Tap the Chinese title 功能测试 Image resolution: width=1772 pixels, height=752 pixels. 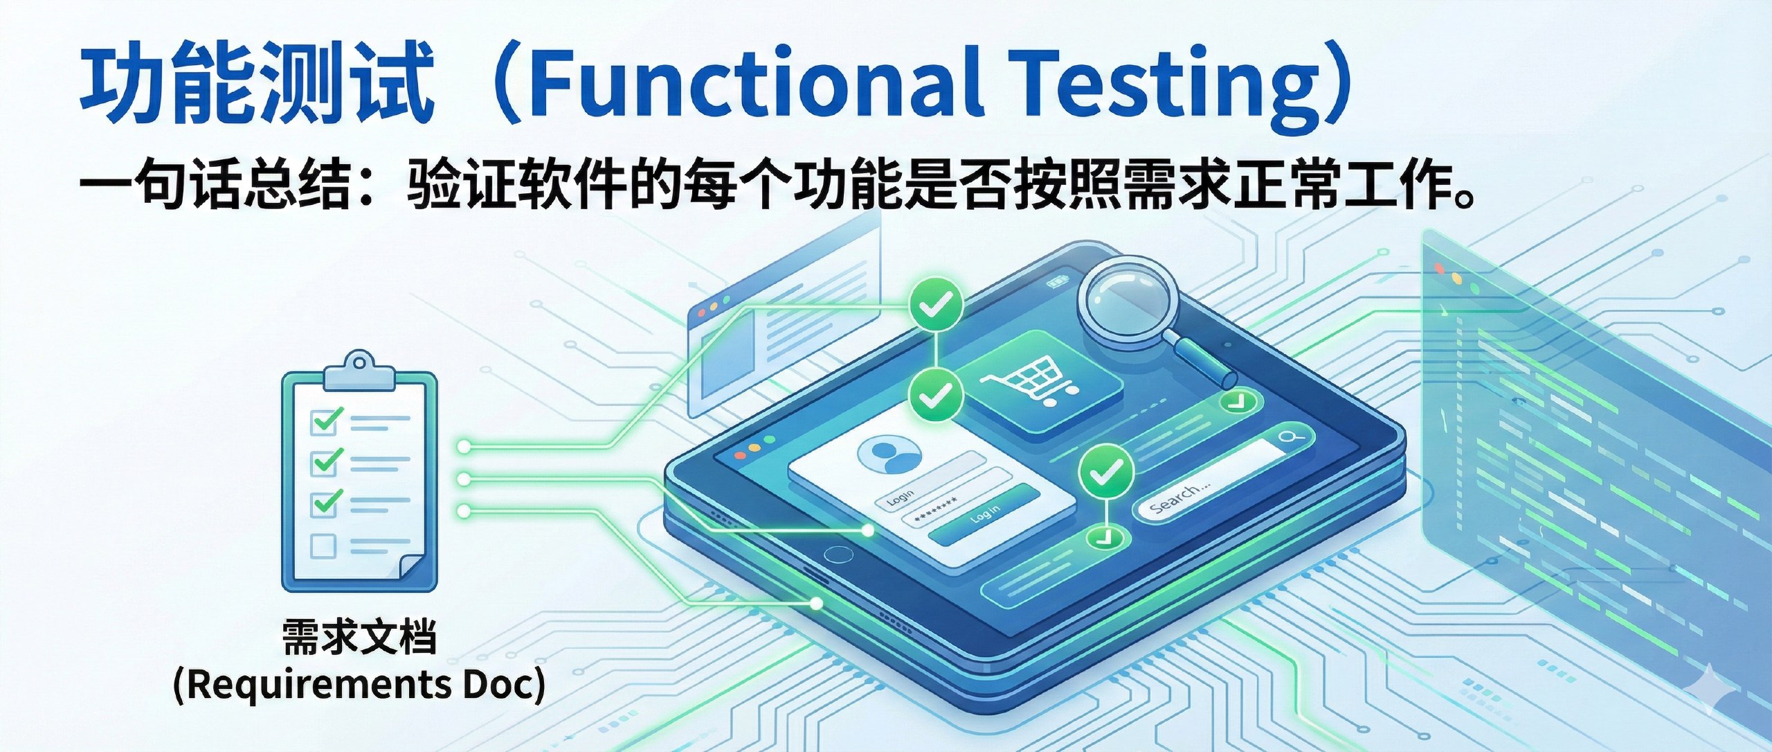coord(257,82)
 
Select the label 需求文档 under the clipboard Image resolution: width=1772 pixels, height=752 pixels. coord(359,637)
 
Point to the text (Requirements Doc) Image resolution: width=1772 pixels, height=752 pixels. coord(359,685)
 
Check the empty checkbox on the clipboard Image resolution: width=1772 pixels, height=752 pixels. coord(323,546)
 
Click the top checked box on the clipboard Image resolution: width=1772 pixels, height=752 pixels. coord(325,420)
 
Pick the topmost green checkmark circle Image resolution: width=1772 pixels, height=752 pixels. coord(935,303)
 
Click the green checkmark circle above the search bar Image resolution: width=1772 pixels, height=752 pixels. coord(1106,472)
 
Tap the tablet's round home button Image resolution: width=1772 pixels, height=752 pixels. coord(839,555)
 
